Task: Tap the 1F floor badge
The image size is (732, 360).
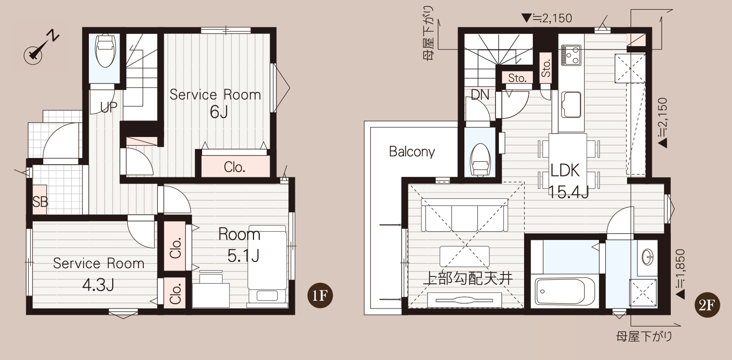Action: [x=320, y=295]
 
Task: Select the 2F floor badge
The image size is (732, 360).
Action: [x=707, y=305]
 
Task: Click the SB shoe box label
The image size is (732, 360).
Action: [x=40, y=202]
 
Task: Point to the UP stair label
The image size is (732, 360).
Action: [x=108, y=107]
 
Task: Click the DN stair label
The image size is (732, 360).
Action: [x=480, y=95]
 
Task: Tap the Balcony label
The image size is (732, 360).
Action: [x=412, y=152]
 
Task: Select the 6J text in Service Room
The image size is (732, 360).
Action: [x=219, y=112]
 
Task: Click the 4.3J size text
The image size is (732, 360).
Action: [x=98, y=285]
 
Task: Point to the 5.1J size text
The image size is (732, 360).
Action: [x=243, y=256]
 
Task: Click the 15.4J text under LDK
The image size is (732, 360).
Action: [x=568, y=192]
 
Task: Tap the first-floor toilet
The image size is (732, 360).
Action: [x=105, y=50]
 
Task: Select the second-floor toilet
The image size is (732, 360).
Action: [x=480, y=159]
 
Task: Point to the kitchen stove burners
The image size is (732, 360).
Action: [x=571, y=55]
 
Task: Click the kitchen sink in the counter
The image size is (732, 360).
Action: [x=571, y=104]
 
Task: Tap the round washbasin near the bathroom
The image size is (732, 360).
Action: [x=647, y=257]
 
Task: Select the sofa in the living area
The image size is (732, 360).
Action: [x=464, y=215]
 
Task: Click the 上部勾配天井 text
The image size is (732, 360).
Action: [x=468, y=279]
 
